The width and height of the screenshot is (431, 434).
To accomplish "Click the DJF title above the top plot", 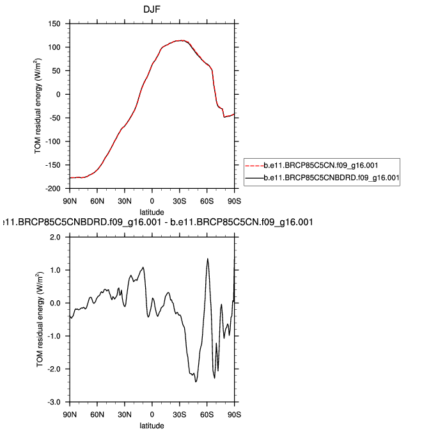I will pos(152,9).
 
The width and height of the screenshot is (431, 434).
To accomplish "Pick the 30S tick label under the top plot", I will pos(180,201).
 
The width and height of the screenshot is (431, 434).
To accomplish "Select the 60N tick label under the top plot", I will pos(97,201).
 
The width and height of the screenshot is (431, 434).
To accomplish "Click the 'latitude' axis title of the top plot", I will pos(152,212).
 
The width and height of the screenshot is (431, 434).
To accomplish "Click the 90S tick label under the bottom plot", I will pos(235,414).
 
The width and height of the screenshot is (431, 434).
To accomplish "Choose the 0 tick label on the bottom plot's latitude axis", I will pos(152,414).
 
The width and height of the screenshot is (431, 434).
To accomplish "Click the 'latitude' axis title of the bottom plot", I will pos(152,425).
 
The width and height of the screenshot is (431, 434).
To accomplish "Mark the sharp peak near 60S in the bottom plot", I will pos(207,259).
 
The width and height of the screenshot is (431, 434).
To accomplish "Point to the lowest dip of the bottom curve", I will pos(196,382).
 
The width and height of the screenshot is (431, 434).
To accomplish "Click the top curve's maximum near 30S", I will pos(183,40).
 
